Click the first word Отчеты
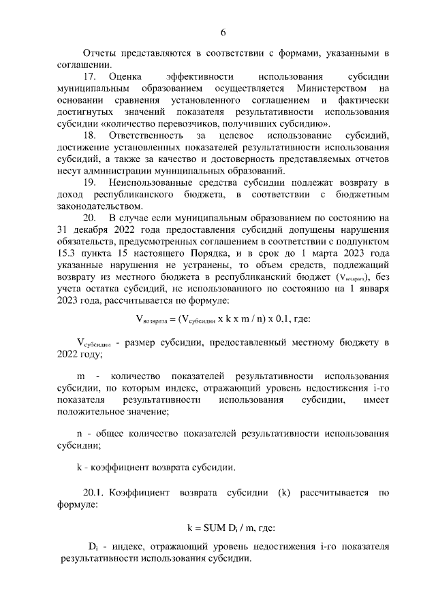click(x=97, y=53)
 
